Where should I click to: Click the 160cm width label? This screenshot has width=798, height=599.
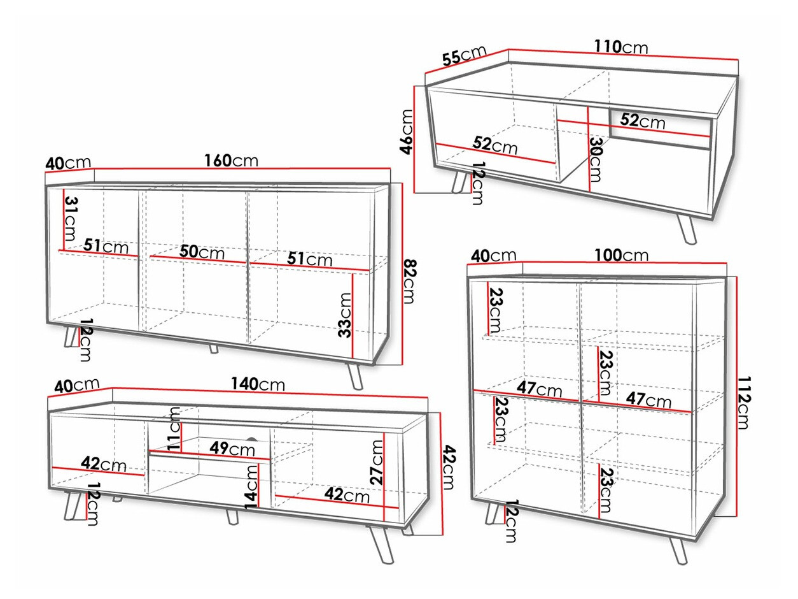pos(231,161)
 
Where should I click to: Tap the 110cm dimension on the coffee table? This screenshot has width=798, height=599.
pos(621,47)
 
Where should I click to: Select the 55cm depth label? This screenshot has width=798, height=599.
pos(464,55)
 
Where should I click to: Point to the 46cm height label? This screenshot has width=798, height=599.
pos(406,132)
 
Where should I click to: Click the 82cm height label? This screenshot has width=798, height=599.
pos(409,281)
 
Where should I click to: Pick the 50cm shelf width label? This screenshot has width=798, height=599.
pos(202,252)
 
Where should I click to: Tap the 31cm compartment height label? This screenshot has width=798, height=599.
pos(71,219)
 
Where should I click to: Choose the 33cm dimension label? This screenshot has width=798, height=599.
pos(344,315)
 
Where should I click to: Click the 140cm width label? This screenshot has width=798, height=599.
pos(258,384)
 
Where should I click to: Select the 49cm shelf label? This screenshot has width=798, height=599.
pos(232,449)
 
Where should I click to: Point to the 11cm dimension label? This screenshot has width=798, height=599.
pos(174,428)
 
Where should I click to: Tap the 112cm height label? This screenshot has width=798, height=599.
pos(743,403)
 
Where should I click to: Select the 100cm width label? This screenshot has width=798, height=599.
pos(621,255)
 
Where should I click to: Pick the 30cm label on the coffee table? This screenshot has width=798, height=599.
pos(594,159)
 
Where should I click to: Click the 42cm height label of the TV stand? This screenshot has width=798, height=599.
pos(449,467)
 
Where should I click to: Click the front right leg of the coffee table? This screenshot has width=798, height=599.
pos(686,229)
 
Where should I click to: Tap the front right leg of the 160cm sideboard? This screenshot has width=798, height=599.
pos(354,376)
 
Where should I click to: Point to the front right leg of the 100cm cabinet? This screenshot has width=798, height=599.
pos(678,551)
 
